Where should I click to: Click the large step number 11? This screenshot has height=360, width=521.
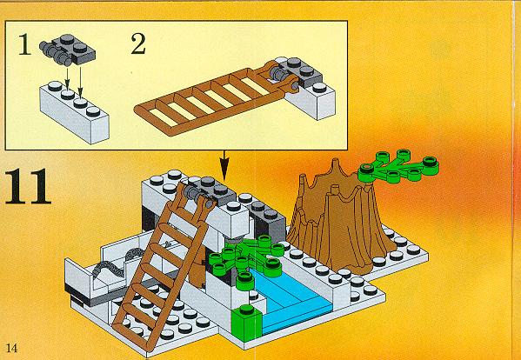[x=28, y=186]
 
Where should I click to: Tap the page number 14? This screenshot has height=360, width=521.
[x=11, y=348]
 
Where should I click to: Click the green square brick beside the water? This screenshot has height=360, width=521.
[x=247, y=320]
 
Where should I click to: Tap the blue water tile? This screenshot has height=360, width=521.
[x=289, y=301]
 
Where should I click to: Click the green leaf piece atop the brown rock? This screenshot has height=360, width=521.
[x=398, y=166]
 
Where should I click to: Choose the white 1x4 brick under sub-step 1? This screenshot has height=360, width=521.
[x=75, y=112]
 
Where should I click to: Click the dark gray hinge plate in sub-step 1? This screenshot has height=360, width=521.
[x=68, y=50]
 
